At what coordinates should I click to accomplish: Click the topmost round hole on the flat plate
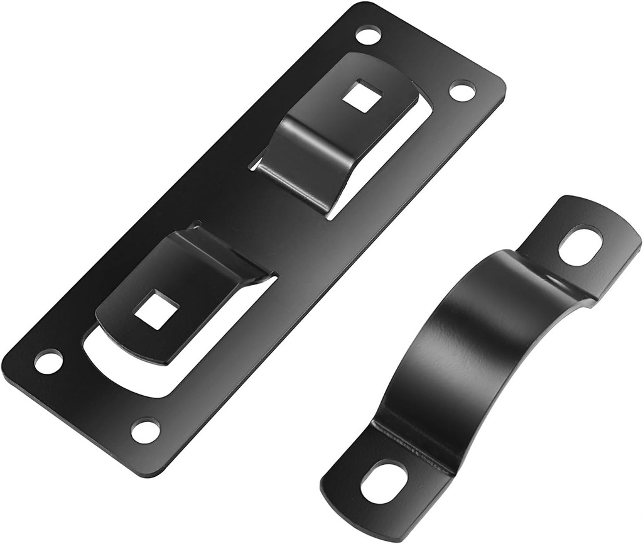[368, 35]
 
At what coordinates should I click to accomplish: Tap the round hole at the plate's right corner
[462, 91]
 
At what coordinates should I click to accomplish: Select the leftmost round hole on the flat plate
[48, 362]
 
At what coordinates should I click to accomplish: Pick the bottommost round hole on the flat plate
[146, 431]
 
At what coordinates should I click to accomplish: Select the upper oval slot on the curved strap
[580, 246]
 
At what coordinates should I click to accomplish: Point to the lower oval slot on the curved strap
[384, 482]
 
